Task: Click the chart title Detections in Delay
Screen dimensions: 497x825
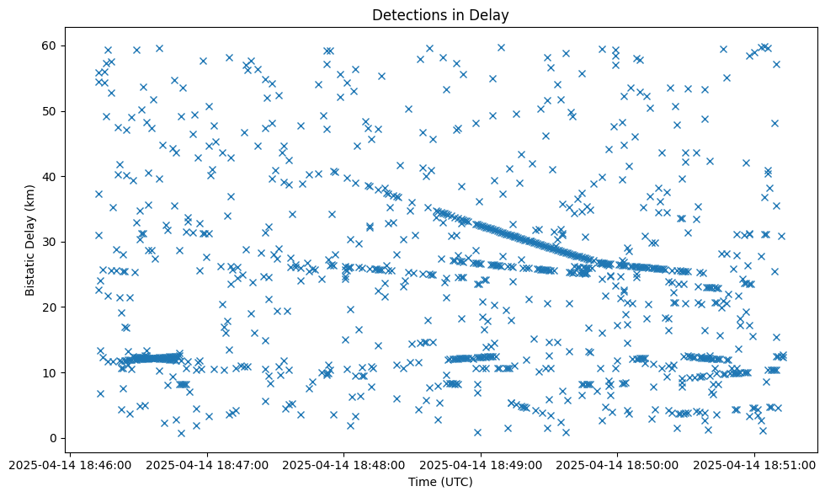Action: pos(440,15)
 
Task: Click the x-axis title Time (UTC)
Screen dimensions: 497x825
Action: pos(440,483)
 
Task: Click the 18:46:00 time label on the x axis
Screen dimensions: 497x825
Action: pos(72,465)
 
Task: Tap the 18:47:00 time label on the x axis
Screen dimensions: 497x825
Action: pos(208,465)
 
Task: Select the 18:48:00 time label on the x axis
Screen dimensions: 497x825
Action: pos(344,465)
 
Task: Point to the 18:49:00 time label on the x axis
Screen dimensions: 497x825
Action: pos(481,465)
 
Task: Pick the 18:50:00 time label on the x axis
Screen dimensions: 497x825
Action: pos(617,465)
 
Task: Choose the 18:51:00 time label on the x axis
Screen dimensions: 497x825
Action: pos(754,465)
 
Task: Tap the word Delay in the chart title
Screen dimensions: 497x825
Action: pos(492,15)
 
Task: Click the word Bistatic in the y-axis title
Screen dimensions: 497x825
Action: pos(30,272)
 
